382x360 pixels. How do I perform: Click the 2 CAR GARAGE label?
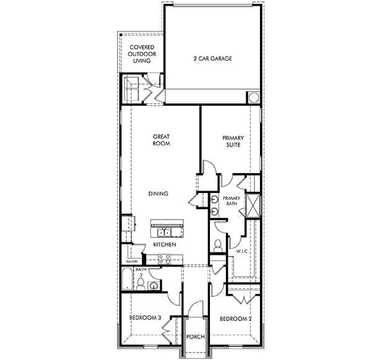point(213,60)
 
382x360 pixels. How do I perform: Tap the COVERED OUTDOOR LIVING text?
point(142,54)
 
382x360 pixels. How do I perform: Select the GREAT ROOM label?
point(161,140)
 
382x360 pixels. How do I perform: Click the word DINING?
point(158,194)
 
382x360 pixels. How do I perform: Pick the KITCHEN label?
point(165,245)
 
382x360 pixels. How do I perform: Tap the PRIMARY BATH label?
point(231,202)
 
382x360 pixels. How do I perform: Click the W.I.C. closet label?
point(241,251)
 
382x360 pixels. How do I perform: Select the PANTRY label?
point(128,262)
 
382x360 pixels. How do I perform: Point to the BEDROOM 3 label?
point(145,318)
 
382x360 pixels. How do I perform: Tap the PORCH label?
point(196,337)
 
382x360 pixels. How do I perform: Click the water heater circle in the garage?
point(253,98)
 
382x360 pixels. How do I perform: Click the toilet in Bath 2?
point(141,284)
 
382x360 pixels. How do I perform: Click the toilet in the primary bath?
point(217,245)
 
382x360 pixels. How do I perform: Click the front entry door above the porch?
point(196,309)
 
